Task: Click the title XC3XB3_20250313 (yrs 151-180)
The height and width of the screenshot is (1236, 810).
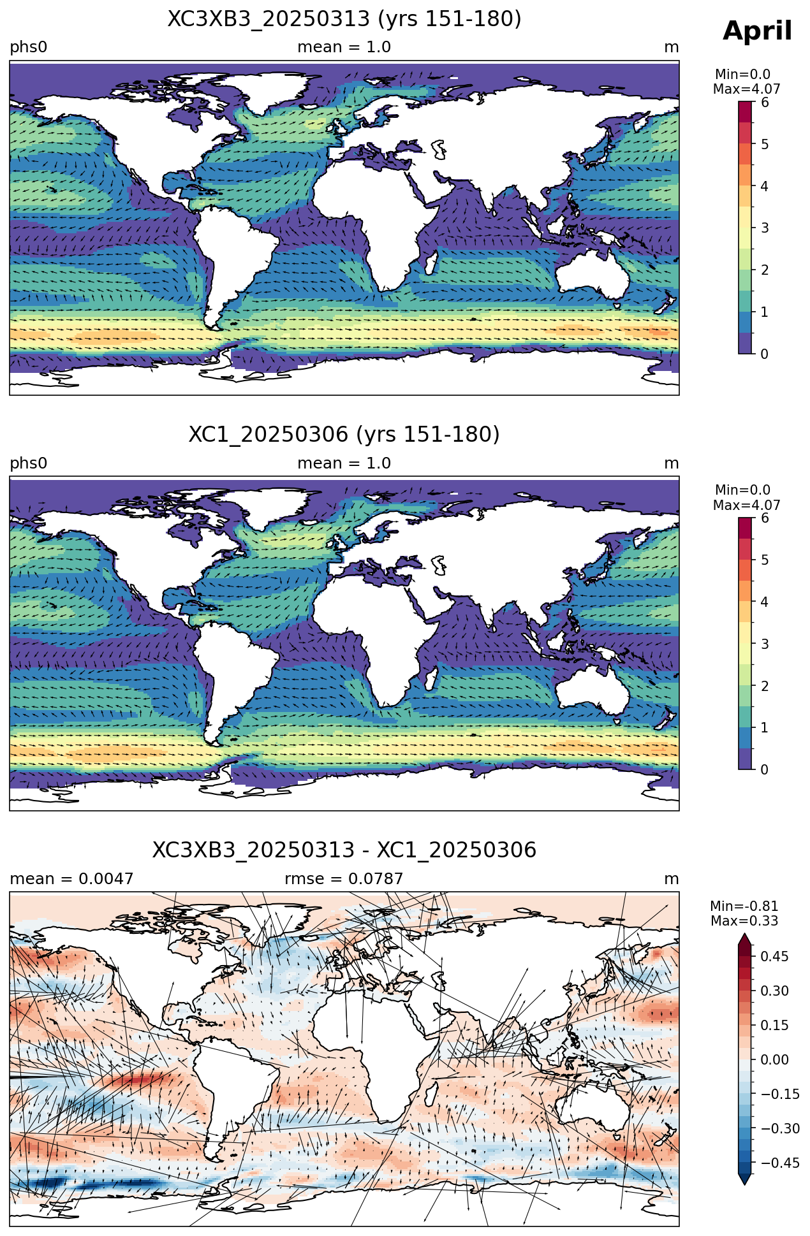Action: [344, 19]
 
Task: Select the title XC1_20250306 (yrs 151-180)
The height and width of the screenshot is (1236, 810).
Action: [344, 435]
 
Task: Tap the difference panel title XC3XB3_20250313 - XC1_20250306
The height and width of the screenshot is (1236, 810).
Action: [344, 850]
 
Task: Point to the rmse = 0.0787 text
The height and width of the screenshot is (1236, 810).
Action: [344, 879]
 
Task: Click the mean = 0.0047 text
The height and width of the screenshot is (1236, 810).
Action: [71, 879]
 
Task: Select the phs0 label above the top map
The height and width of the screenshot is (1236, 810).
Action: [29, 48]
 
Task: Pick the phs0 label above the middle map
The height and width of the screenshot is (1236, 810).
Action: [29, 463]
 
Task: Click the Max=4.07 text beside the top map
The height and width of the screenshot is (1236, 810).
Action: [746, 89]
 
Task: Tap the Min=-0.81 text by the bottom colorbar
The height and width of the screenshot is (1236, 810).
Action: [744, 906]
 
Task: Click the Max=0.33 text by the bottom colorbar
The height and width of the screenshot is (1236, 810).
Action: [744, 921]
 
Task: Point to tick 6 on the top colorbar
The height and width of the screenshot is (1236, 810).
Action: [765, 103]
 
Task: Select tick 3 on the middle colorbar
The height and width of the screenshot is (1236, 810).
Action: [765, 644]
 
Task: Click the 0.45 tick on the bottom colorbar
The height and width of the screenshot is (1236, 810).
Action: [775, 956]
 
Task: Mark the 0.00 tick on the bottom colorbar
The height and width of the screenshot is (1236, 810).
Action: [775, 1059]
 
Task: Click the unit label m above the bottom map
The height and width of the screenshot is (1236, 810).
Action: [672, 880]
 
